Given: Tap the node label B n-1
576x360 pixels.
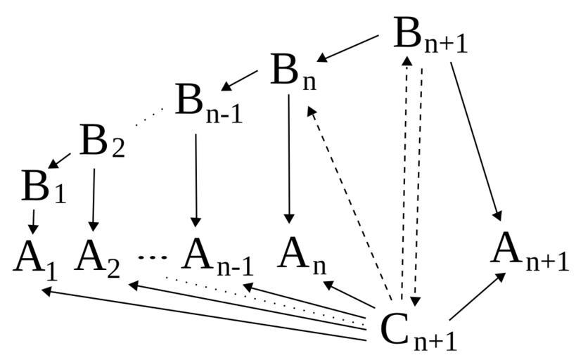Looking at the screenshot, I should click(x=208, y=104).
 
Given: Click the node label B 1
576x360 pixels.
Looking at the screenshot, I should click(x=43, y=188).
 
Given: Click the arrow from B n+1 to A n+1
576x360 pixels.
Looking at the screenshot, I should click(x=475, y=141).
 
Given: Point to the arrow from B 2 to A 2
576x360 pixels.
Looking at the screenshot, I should click(x=94, y=199).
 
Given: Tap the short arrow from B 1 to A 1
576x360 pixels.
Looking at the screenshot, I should click(x=32, y=221).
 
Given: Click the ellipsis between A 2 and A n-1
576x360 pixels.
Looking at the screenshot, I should click(x=151, y=257).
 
